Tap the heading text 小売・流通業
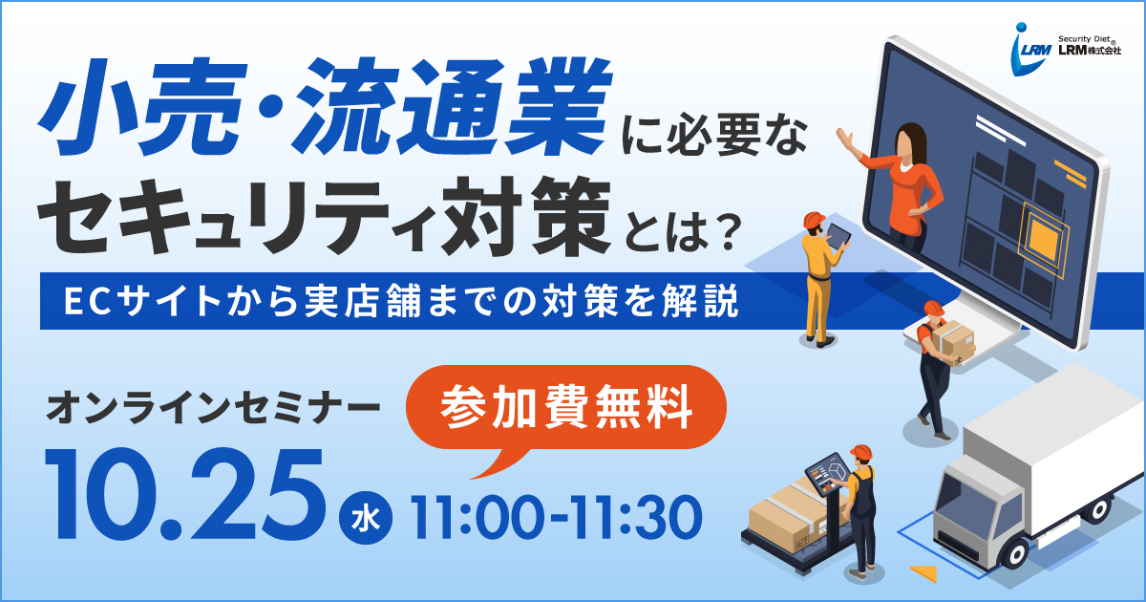326,106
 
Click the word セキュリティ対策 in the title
324,216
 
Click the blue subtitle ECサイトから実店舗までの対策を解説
402,301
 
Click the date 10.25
184,495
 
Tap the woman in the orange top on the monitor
897,184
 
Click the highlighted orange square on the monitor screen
1042,240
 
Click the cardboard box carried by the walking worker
953,341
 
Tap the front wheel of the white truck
1014,554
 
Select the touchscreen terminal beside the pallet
827,475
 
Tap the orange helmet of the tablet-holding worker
814,220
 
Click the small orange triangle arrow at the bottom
925,573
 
